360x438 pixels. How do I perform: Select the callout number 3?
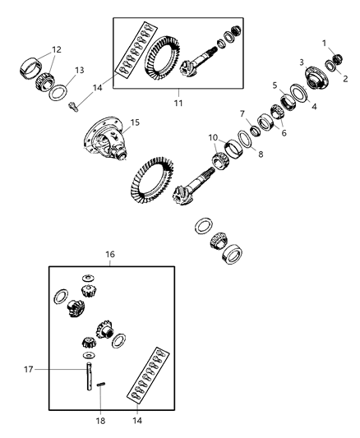[x=301, y=62]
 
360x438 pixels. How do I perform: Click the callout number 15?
[x=135, y=122]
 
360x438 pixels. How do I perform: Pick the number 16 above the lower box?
[x=111, y=256]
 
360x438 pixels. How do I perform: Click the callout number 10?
[x=213, y=136]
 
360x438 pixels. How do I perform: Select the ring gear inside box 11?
[x=160, y=62]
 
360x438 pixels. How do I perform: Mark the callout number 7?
[x=242, y=113]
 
